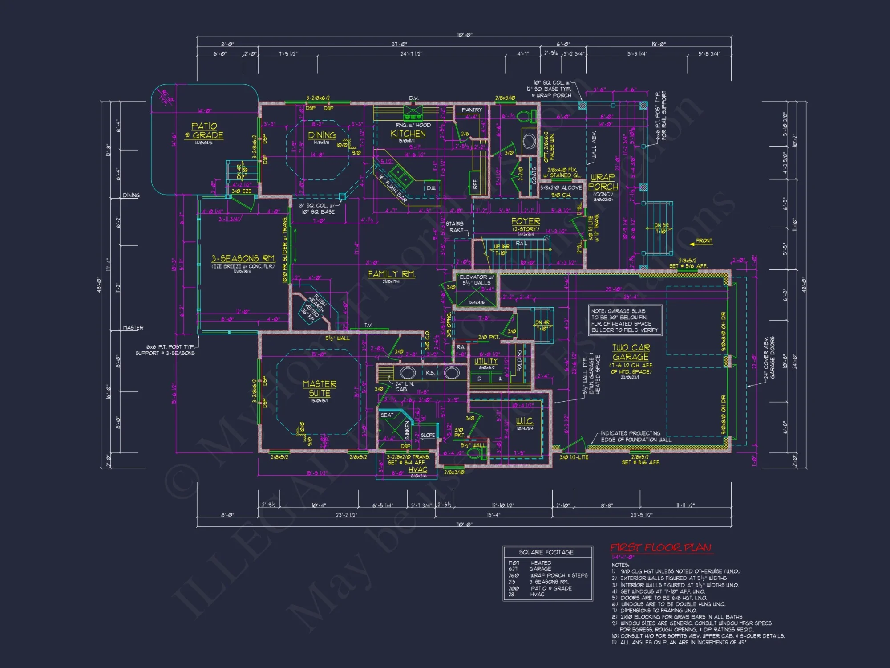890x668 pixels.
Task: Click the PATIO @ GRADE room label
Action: point(205,131)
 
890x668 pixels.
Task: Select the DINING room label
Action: point(322,135)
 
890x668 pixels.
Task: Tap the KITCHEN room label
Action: point(408,134)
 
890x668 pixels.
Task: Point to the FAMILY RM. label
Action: point(392,274)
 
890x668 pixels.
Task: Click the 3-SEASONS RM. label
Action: point(243,258)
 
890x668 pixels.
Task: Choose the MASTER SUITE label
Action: point(320,388)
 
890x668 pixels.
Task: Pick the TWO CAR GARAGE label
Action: point(631,352)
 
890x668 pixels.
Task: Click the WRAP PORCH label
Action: point(603,182)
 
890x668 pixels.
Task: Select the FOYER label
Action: point(526,221)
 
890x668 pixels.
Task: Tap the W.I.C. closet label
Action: point(525,421)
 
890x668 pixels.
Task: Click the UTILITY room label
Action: point(485,361)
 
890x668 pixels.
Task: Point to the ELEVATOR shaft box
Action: point(476,289)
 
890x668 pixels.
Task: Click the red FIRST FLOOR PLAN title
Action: point(661,547)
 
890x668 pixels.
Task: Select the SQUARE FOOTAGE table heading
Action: point(546,552)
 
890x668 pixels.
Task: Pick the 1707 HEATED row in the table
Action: point(530,563)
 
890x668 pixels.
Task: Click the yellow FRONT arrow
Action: point(701,241)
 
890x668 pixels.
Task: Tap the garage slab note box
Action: point(624,320)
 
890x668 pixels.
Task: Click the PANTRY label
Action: point(472,110)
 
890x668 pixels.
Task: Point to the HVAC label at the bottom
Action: point(417,469)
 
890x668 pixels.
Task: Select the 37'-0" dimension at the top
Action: point(399,44)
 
